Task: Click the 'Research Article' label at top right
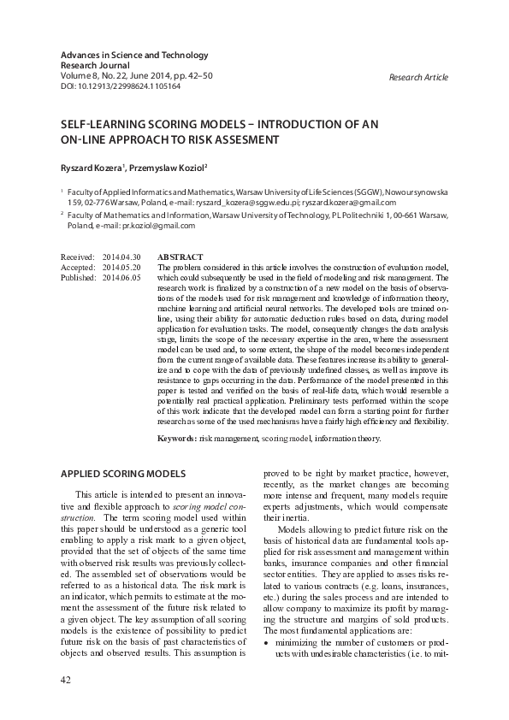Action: tap(417, 77)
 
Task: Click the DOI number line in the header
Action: tap(120, 86)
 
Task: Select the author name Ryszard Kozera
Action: tap(92, 168)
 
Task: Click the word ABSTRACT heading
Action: tap(181, 257)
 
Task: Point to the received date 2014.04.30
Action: tap(121, 257)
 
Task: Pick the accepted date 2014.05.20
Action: tap(121, 268)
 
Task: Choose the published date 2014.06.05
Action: tap(121, 278)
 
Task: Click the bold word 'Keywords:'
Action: tap(177, 439)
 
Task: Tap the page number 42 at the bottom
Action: tap(66, 679)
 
